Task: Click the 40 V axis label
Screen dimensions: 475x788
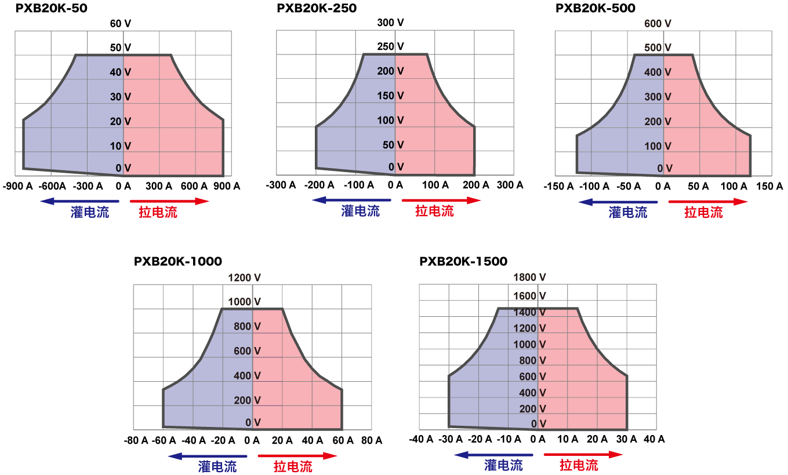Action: [x=121, y=72]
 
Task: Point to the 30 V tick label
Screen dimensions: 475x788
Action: [x=121, y=97]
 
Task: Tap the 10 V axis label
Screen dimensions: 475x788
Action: [x=121, y=146]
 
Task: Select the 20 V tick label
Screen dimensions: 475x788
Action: [x=121, y=122]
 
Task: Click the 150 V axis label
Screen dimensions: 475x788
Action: [x=390, y=96]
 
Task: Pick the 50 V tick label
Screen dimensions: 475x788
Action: [x=393, y=145]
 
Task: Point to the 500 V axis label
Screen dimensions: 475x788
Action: [x=658, y=47]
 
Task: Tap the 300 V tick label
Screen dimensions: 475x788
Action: [x=658, y=97]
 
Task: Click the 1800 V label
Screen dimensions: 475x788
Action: [x=529, y=277]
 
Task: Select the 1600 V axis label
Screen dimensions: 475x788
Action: [x=529, y=296]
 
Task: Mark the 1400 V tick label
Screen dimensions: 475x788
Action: [x=529, y=312]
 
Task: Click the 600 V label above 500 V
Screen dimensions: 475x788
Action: [x=658, y=24]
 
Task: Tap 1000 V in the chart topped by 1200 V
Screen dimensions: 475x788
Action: [x=244, y=302]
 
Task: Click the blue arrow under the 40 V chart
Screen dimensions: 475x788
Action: [x=79, y=201]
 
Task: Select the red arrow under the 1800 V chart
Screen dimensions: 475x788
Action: [x=583, y=455]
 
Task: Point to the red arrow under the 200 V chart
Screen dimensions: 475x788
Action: [x=441, y=200]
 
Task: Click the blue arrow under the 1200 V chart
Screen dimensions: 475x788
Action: [x=208, y=456]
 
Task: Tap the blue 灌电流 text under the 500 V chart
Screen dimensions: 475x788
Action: [x=627, y=213]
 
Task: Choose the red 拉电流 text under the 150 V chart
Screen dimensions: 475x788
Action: [x=434, y=211]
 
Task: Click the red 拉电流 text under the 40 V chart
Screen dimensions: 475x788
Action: [x=158, y=213]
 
